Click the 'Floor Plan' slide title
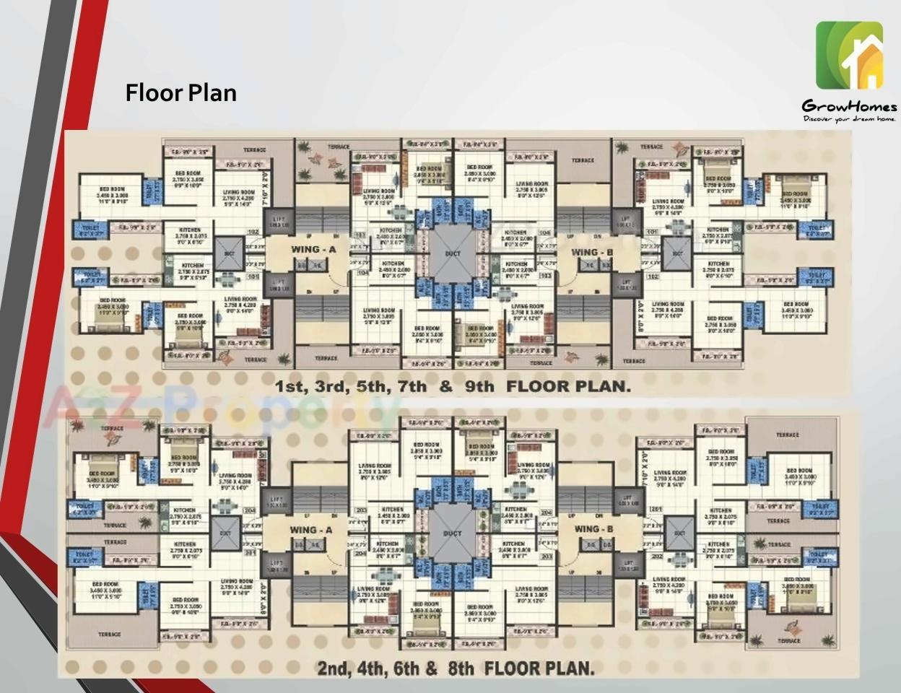point(180,92)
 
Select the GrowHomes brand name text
point(849,107)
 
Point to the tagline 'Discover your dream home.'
point(849,118)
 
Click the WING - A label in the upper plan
point(314,250)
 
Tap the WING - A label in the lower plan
point(311,530)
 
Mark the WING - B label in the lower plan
point(593,529)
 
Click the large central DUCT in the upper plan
point(453,254)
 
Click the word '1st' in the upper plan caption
point(291,386)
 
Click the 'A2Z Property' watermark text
point(217,408)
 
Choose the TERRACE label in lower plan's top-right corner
point(787,435)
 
